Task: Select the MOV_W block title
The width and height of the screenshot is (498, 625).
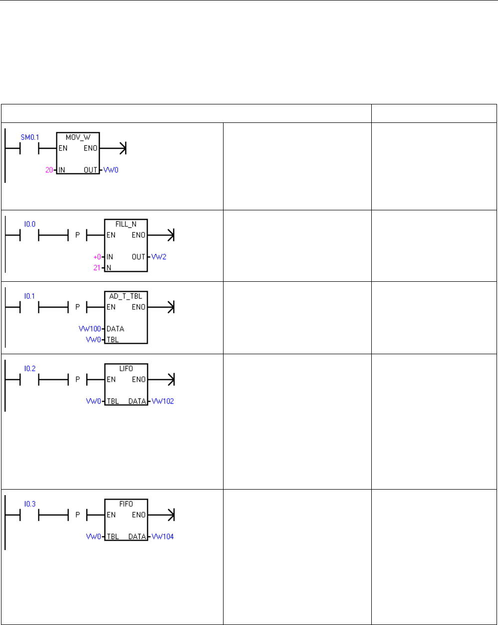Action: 78,136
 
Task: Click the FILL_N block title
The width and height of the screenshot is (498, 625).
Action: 126,224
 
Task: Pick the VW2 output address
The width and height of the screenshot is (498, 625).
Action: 162,256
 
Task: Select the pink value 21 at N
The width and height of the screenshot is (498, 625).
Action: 98,268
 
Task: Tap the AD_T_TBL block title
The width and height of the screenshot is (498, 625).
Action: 126,296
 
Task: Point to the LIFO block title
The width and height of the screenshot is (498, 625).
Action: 126,368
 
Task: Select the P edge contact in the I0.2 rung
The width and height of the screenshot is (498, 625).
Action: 77,380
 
